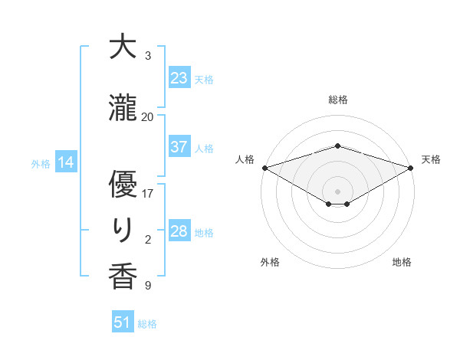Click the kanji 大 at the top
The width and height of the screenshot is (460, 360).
(x=123, y=47)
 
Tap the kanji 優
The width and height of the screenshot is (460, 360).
(x=123, y=185)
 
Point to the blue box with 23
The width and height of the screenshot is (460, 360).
(x=179, y=78)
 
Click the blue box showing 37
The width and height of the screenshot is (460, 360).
(x=179, y=147)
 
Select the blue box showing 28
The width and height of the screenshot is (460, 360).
(x=179, y=231)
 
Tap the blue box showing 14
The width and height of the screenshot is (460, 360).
(x=65, y=162)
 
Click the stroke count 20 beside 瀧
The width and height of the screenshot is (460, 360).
(x=148, y=117)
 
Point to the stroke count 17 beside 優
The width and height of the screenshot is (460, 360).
(x=148, y=194)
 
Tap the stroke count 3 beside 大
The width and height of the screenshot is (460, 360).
(x=148, y=56)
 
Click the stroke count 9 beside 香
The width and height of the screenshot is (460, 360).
(x=148, y=286)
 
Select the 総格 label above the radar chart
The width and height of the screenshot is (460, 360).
(x=337, y=100)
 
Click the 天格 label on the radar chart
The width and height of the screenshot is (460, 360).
(x=432, y=159)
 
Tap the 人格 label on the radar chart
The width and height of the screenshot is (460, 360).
(x=245, y=159)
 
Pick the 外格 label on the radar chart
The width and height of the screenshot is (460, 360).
(x=270, y=262)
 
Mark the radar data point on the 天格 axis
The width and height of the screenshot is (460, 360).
(x=411, y=167)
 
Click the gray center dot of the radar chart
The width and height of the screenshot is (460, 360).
(x=337, y=191)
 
